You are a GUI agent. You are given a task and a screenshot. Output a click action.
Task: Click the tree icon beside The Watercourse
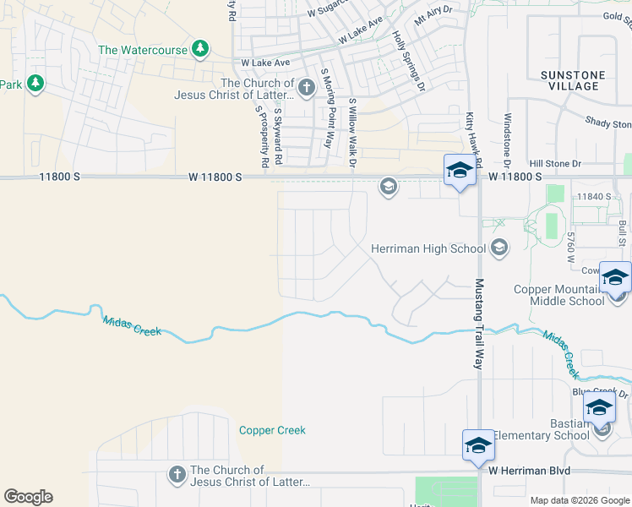click(x=200, y=48)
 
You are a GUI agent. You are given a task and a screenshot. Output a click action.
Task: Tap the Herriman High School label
click(x=429, y=248)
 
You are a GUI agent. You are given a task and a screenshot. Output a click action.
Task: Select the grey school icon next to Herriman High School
click(x=499, y=248)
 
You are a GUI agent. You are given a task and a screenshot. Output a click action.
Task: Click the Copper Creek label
click(x=272, y=430)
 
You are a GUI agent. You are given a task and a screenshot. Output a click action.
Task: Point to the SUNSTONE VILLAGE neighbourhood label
click(x=572, y=80)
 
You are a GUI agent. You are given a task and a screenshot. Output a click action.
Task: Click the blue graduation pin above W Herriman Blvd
click(x=477, y=445)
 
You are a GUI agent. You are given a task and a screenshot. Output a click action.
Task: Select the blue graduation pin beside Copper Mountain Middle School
click(x=615, y=277)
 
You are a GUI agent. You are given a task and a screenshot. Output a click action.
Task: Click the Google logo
click(x=28, y=497)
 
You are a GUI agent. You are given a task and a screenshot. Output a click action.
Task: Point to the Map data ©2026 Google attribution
click(x=580, y=500)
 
